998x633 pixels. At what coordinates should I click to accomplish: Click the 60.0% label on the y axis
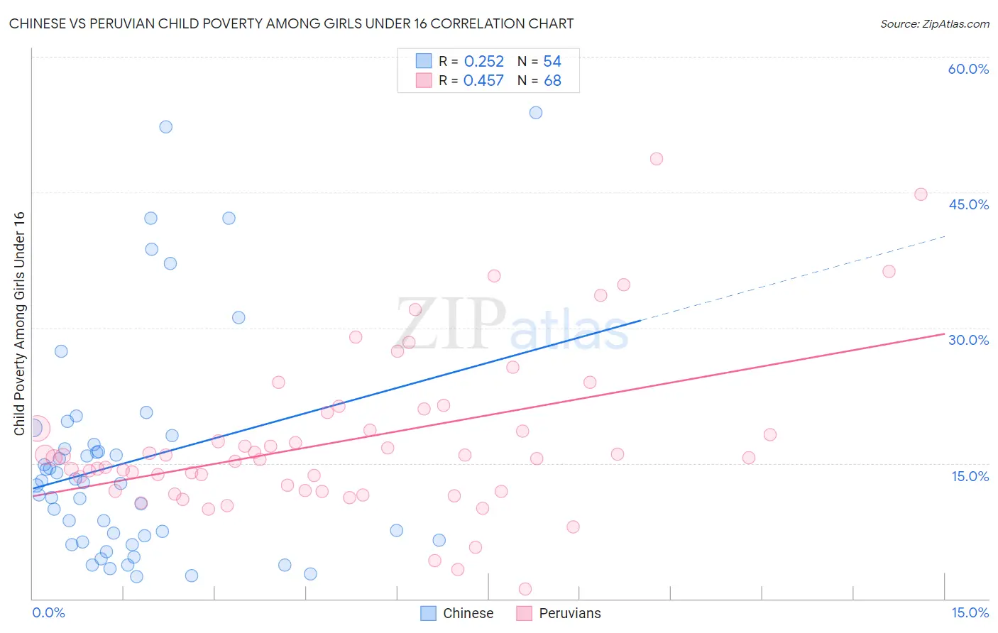tap(968, 69)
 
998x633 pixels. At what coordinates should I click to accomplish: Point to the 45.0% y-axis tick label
tap(968, 204)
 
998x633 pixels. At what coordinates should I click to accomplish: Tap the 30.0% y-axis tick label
tap(968, 340)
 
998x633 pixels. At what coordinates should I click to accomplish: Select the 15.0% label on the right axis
tap(970, 476)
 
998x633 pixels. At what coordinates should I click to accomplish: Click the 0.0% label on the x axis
tap(48, 612)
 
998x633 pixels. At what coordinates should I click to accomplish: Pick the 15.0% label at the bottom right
tap(970, 612)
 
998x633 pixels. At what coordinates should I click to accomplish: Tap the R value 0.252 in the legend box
tap(483, 62)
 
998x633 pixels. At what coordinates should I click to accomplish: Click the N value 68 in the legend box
tap(552, 81)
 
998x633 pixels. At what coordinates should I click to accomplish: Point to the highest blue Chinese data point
tap(536, 113)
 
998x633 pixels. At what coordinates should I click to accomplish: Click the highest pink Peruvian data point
tap(657, 159)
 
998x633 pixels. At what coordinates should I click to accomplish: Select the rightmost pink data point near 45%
tap(921, 194)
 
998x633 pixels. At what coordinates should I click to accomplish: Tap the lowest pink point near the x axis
tap(525, 588)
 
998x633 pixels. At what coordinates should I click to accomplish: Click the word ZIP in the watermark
tap(451, 325)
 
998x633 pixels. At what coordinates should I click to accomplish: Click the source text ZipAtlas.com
tap(955, 24)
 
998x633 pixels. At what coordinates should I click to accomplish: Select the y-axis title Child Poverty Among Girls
tap(19, 323)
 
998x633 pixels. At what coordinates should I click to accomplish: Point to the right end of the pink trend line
tap(944, 334)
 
